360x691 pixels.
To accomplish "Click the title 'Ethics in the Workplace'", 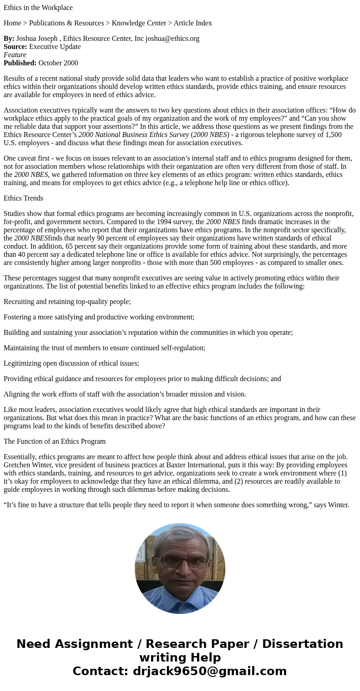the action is coord(38,8).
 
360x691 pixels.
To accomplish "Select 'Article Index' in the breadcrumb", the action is coord(193,23).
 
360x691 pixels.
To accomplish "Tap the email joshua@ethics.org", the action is coord(172,39).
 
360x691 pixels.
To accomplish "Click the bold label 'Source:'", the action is coord(15,47).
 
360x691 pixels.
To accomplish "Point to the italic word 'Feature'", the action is coord(15,55).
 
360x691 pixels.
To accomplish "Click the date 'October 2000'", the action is coord(58,63).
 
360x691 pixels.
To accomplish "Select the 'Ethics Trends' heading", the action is coord(24,198).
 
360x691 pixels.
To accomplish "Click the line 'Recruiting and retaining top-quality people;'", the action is coord(67,302).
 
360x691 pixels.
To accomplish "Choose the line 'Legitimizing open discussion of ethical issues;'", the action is coord(71,363).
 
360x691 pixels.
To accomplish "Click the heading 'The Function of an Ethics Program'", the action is coord(54,441).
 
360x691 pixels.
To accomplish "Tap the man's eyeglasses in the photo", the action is coord(180,562).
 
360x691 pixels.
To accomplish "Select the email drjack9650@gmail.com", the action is coord(209,671).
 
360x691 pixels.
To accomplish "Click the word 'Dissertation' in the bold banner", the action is coord(302,644).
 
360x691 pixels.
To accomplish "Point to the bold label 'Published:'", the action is coord(20,63).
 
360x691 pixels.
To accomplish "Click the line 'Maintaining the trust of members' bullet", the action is coord(104,348).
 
